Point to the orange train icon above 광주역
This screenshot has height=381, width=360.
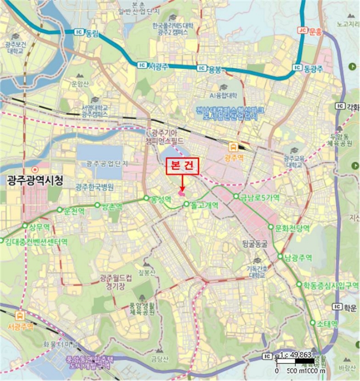point(233,146)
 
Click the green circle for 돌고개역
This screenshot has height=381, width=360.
point(187,205)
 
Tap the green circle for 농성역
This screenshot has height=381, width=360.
point(146,198)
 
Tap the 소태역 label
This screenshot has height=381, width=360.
point(327,323)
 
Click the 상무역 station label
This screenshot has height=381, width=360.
point(39,226)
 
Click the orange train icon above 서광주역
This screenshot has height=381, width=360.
point(21,316)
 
